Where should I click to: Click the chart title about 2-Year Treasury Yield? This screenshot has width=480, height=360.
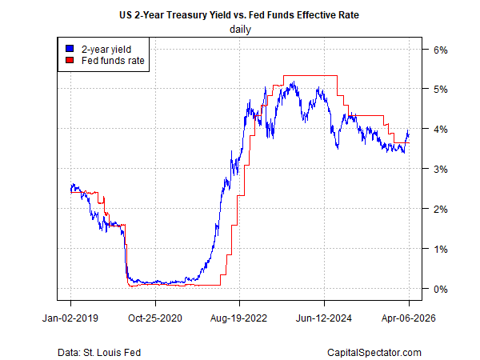pyautogui.click(x=239, y=14)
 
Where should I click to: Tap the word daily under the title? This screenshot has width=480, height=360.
pyautogui.click(x=239, y=30)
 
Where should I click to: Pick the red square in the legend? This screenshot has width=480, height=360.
pyautogui.click(x=70, y=59)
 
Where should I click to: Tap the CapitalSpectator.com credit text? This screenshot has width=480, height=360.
pyautogui.click(x=374, y=352)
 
